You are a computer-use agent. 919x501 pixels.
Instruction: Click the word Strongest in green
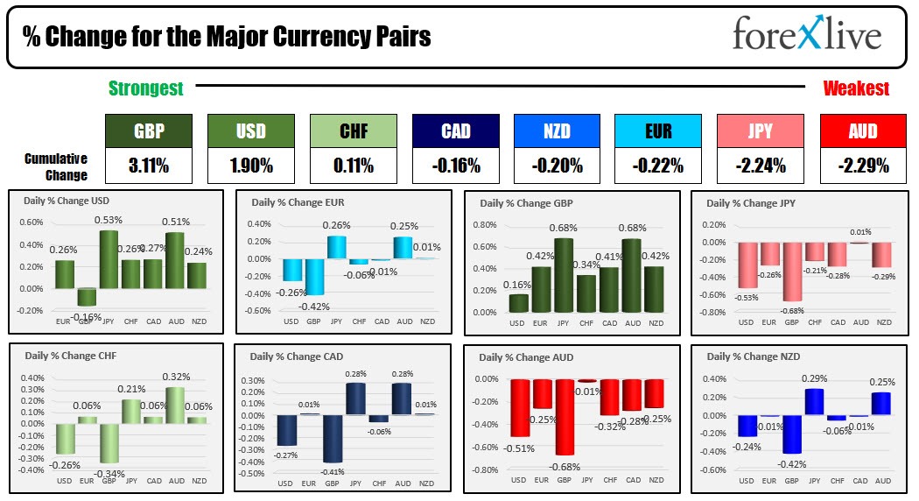(145, 88)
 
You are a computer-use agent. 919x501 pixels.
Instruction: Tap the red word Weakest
(855, 88)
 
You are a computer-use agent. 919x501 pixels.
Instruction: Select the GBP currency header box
(149, 131)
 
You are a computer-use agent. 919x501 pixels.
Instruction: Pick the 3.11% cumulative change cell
(149, 165)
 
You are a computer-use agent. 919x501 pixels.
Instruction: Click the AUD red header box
(862, 131)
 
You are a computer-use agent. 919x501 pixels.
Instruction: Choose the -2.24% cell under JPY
(761, 165)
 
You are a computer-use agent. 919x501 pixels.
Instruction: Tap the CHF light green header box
(353, 131)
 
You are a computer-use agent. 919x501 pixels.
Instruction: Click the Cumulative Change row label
(56, 166)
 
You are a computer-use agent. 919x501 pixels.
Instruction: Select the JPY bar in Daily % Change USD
(109, 259)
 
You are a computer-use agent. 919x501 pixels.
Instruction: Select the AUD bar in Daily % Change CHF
(176, 405)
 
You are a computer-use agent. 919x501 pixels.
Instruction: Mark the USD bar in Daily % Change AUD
(520, 407)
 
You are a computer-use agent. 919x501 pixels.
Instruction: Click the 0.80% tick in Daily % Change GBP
(486, 224)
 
